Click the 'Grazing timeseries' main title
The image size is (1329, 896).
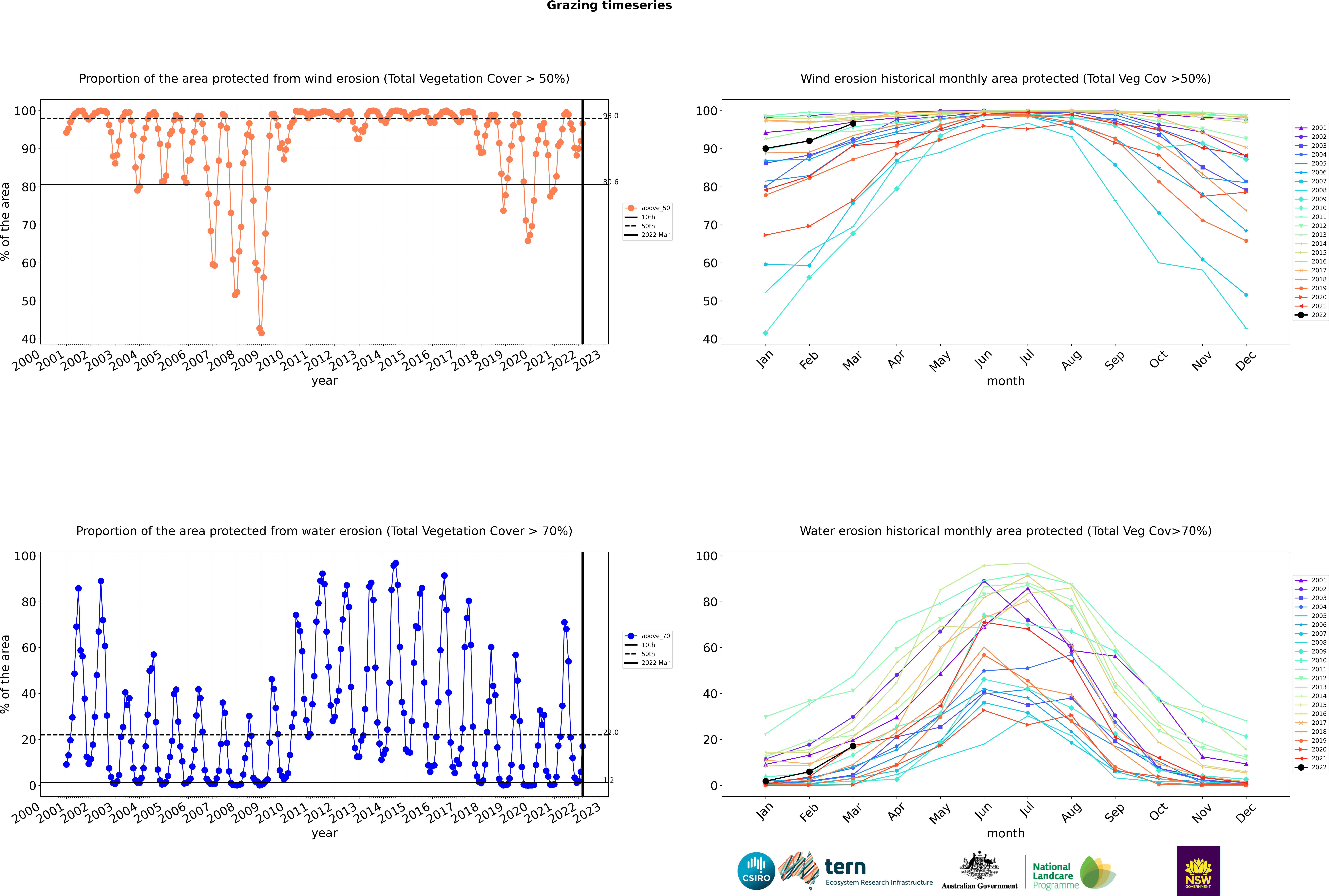pyautogui.click(x=609, y=6)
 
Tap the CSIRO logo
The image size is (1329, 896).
pyautogui.click(x=756, y=871)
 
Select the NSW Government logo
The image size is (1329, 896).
pyautogui.click(x=1198, y=871)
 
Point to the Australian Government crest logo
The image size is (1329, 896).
pyautogui.click(x=979, y=871)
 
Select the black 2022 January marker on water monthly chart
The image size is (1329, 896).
pyautogui.click(x=766, y=781)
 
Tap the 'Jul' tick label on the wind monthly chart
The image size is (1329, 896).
pyautogui.click(x=1027, y=358)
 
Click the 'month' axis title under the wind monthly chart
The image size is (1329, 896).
pyautogui.click(x=1006, y=381)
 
